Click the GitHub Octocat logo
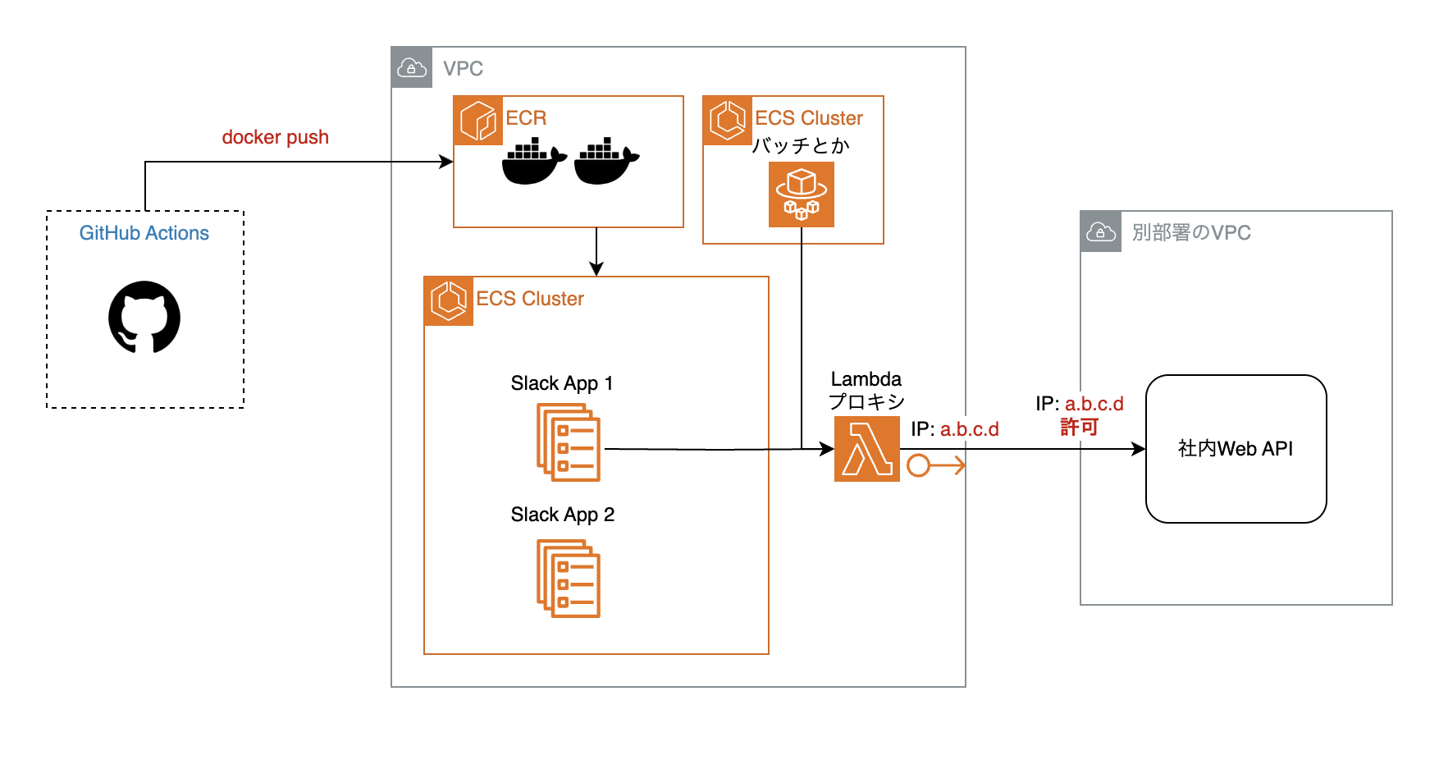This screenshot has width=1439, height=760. click(144, 318)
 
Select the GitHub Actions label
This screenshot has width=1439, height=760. click(144, 233)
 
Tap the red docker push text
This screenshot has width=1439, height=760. click(275, 137)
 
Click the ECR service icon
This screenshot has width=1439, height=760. click(478, 121)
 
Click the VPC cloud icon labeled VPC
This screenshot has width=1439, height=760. click(412, 68)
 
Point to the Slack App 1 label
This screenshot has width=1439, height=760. click(561, 383)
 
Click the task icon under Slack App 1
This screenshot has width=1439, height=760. click(569, 443)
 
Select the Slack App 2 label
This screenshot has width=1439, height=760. click(562, 515)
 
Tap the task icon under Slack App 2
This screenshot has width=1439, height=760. click(569, 579)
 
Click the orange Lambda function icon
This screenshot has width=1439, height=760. click(866, 448)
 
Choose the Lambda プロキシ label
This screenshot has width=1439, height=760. click(866, 391)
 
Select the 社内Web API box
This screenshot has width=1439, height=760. click(1236, 449)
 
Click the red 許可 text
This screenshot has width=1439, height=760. click(1079, 427)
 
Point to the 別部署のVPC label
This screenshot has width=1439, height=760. click(1191, 233)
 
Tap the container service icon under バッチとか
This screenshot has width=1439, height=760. click(802, 195)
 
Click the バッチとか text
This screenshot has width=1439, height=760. click(801, 146)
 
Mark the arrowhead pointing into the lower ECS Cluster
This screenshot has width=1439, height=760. click(596, 269)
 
